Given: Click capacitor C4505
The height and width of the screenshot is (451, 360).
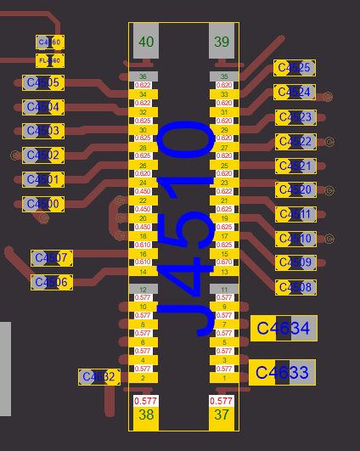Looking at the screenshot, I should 42,82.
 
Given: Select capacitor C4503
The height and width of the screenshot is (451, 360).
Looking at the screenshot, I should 42,131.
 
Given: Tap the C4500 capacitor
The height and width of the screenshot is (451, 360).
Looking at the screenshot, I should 42,204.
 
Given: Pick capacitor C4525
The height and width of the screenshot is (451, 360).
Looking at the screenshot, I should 295,68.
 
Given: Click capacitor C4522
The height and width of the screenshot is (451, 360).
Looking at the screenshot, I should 295,141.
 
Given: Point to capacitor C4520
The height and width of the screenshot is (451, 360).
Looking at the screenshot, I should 295,190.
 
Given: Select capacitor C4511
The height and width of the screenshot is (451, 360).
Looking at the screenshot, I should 295,214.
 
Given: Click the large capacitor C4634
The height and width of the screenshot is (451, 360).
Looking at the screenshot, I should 284,328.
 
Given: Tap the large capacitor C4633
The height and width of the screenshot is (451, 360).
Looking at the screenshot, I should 283,372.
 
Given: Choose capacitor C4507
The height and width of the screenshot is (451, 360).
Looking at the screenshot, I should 51,257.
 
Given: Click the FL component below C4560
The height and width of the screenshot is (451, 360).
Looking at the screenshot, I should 50,60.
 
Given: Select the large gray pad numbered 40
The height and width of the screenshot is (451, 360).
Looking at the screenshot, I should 146,42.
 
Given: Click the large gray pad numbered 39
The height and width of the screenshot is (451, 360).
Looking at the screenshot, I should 222,42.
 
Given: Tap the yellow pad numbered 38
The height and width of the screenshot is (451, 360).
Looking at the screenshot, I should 146,415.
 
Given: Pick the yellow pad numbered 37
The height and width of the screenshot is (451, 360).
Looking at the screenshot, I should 222,415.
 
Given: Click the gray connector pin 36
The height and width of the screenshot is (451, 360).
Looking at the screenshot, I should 143,76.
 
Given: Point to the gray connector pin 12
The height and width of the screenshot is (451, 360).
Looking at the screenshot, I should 143,290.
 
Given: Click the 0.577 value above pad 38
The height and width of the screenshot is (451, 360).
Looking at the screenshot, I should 146,400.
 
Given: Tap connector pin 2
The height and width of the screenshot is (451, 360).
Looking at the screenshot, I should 143,378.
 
